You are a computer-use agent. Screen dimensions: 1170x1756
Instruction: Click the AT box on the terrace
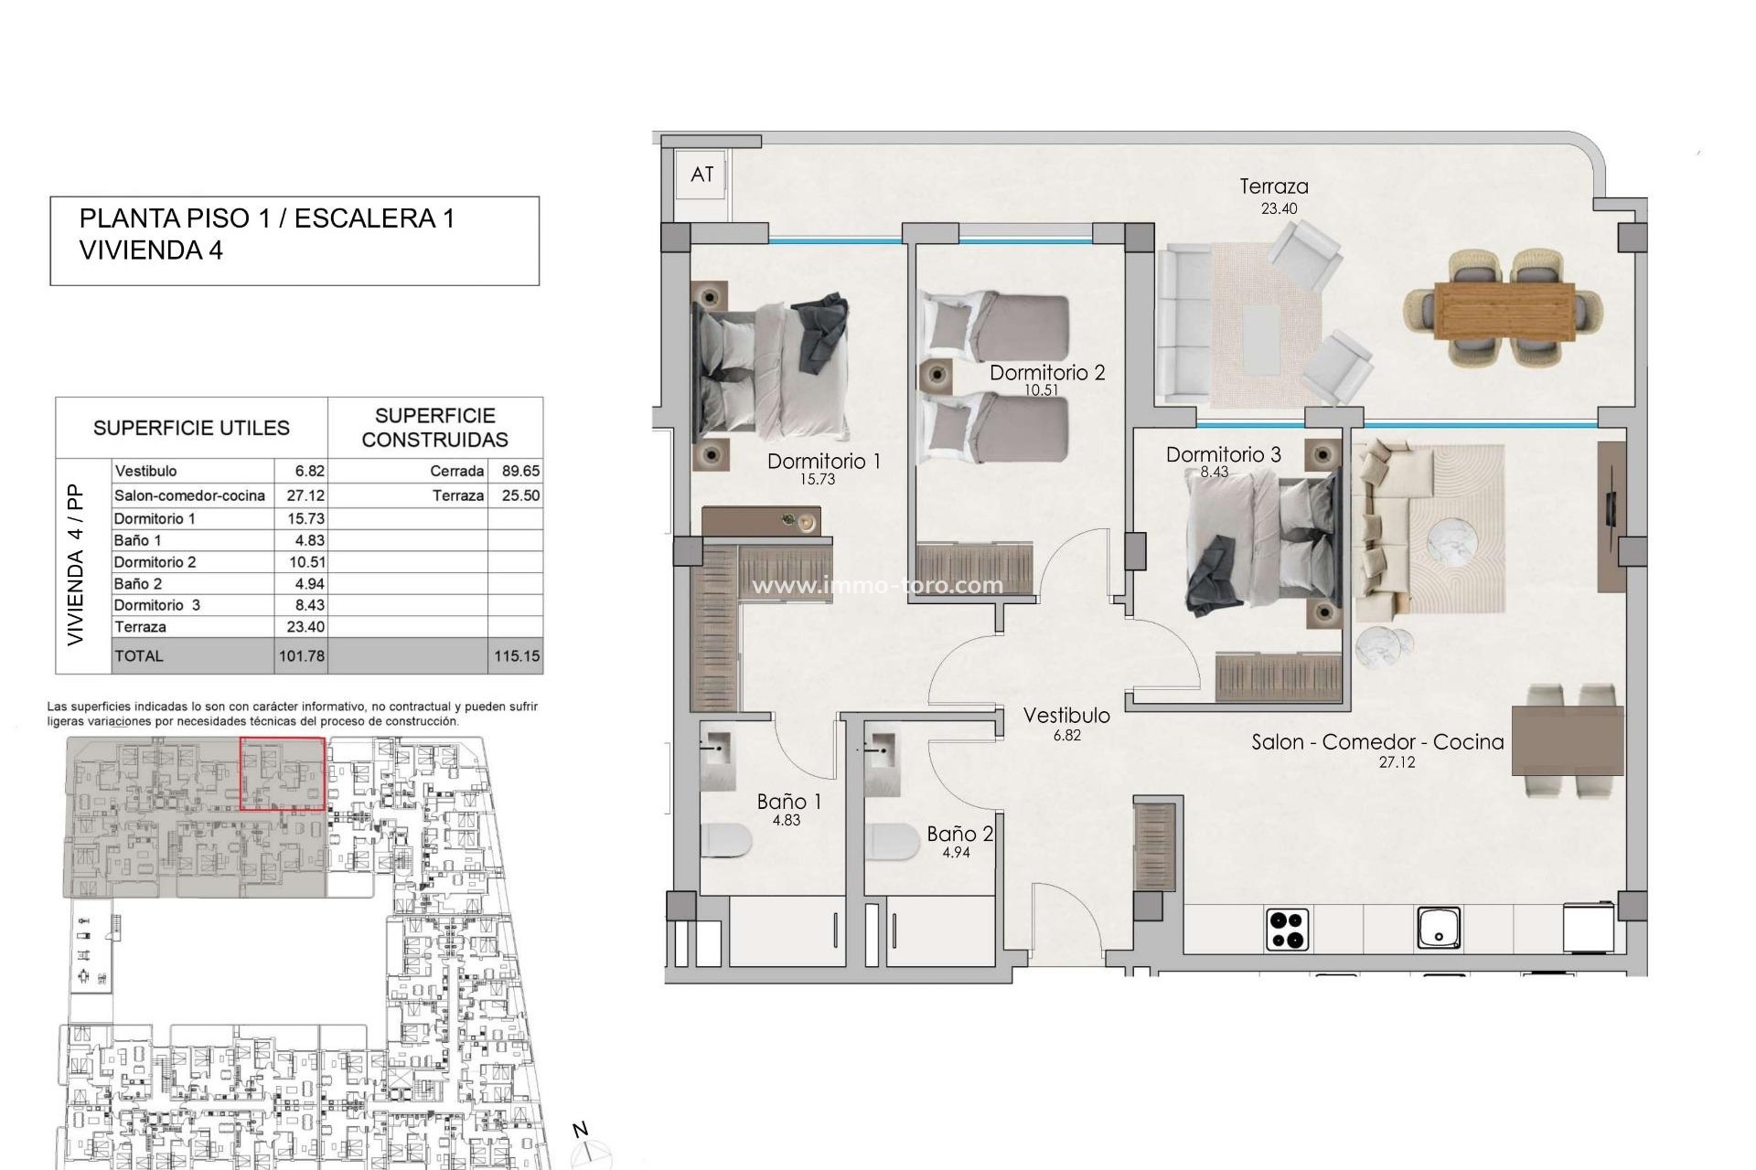pos(701,175)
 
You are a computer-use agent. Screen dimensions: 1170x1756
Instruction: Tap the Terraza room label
pos(1273,186)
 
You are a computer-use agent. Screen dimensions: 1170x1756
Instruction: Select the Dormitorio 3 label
pos(1223,454)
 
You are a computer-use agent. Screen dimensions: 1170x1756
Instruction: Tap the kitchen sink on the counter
pos(1439,928)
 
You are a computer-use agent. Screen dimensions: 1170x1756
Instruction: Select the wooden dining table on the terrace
pos(1504,311)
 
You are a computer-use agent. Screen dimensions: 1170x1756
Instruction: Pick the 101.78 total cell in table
pos(302,656)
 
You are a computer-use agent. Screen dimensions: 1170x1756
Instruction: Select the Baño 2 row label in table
pos(138,584)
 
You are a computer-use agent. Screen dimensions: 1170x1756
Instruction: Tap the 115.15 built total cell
pos(517,656)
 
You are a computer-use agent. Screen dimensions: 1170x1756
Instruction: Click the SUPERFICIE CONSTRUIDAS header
pos(434,428)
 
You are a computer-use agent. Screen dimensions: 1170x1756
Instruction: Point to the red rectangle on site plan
pos(282,774)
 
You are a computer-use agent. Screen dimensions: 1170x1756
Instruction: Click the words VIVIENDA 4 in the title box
pos(151,250)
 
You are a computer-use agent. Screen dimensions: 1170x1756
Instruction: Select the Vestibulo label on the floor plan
pos(1066,716)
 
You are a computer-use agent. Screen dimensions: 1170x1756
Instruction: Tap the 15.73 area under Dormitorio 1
pos(817,479)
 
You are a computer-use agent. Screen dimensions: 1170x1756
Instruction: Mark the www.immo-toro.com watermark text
pos(876,585)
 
